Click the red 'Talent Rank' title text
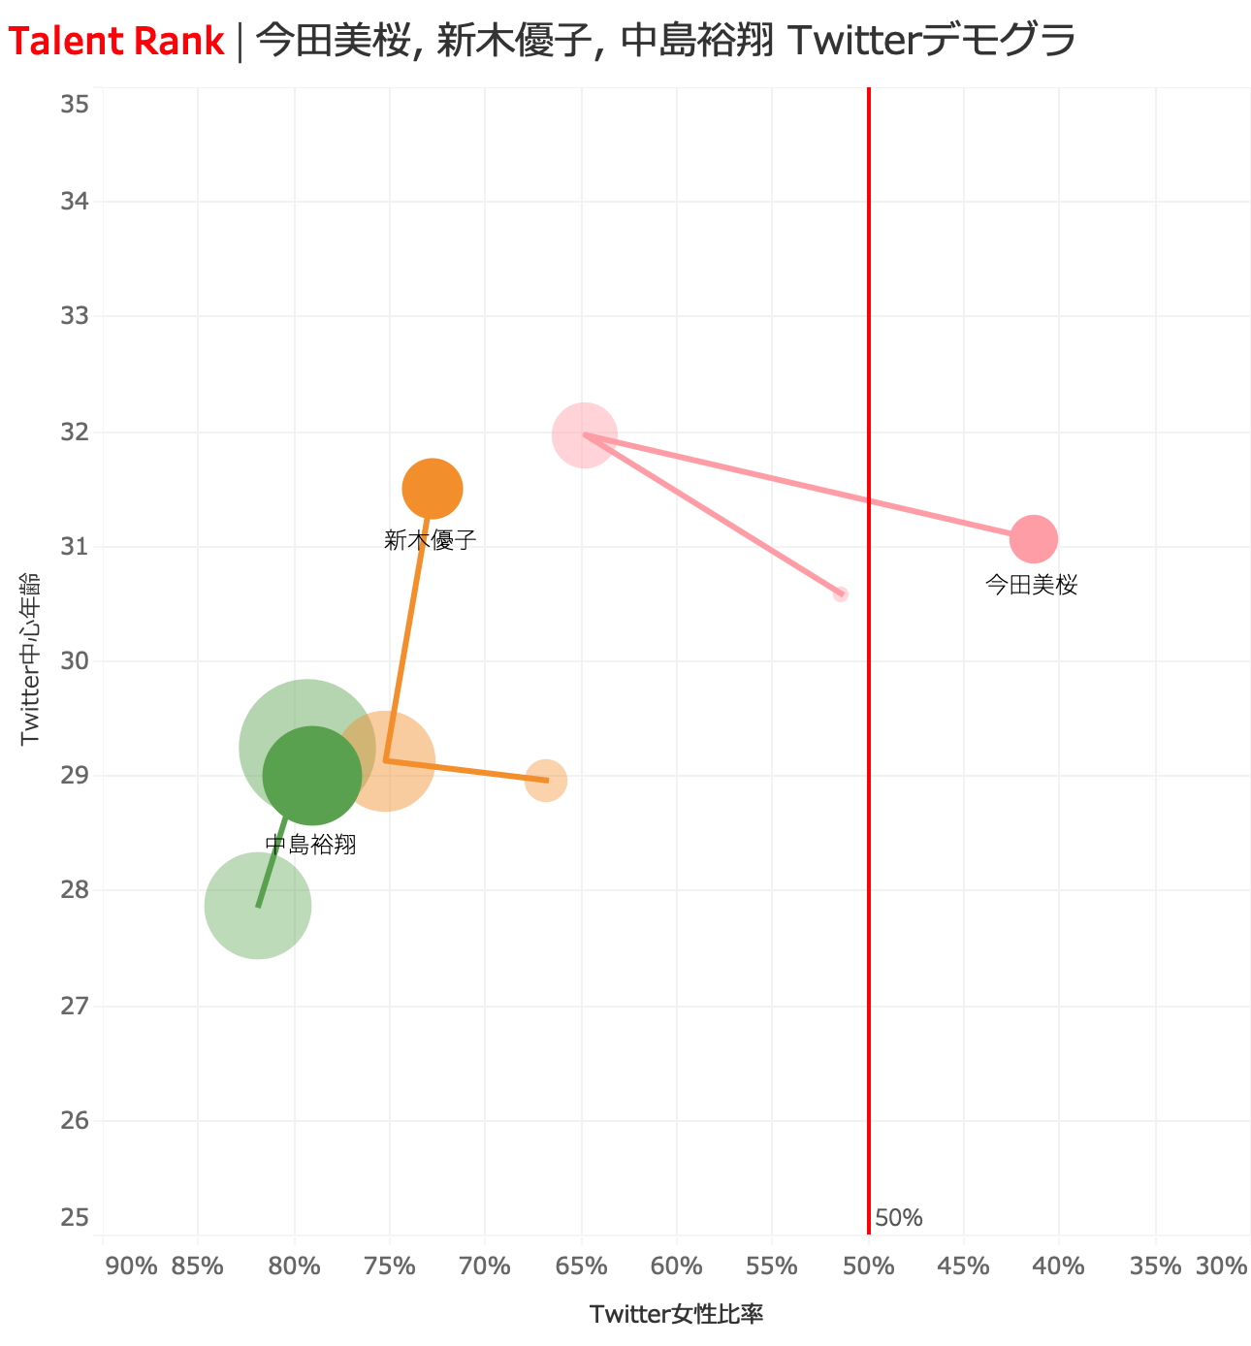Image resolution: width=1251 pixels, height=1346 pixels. (x=116, y=42)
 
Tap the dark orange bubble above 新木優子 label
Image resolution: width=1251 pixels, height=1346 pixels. (x=432, y=489)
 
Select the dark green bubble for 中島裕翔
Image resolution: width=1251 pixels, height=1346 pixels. (x=312, y=776)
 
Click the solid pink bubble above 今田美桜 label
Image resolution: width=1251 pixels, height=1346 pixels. (x=1034, y=538)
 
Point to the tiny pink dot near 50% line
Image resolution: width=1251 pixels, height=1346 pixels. (x=841, y=593)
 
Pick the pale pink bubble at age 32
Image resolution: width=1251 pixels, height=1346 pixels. (x=585, y=435)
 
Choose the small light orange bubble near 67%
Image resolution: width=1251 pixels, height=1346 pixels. (x=546, y=781)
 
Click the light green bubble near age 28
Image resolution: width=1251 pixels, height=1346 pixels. (x=258, y=906)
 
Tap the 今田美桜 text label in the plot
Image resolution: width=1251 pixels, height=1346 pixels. (x=1031, y=585)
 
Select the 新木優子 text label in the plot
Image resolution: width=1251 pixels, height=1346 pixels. (x=431, y=541)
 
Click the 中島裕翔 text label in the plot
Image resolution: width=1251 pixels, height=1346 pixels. (x=310, y=846)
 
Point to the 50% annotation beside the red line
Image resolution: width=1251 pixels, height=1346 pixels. (x=898, y=1218)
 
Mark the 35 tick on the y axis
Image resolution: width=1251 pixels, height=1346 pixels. (x=75, y=105)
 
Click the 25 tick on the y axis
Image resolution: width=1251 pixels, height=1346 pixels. (x=75, y=1217)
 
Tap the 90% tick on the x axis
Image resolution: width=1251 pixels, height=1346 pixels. (x=131, y=1266)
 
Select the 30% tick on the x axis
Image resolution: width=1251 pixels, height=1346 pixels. (x=1221, y=1266)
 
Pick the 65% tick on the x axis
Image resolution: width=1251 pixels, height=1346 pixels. (x=583, y=1266)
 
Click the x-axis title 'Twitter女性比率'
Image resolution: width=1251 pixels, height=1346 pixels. (x=676, y=1314)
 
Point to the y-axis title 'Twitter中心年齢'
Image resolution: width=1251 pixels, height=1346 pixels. (x=30, y=658)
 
